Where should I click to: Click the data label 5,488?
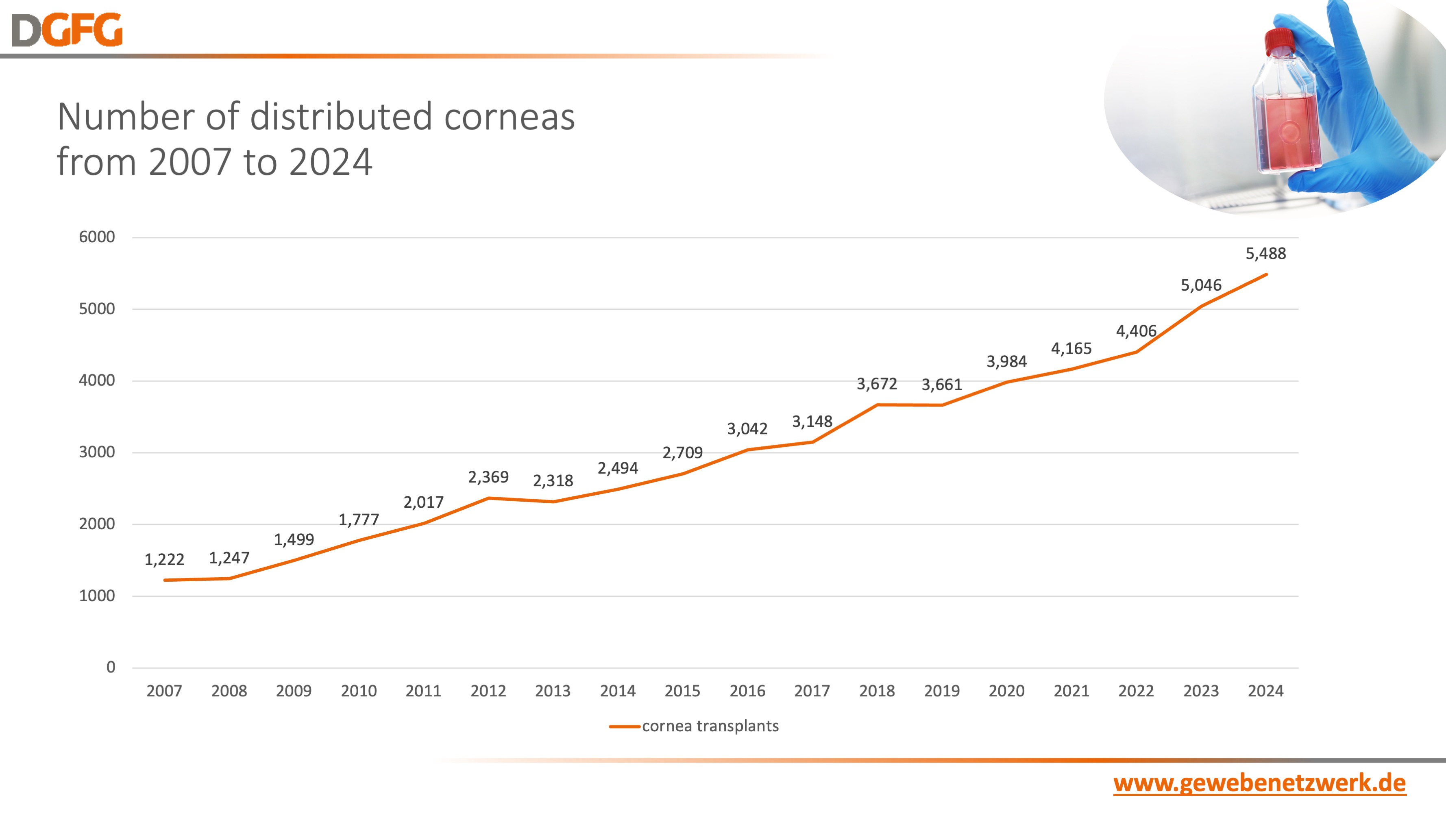1265,254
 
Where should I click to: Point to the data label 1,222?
164,559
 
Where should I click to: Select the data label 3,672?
876,384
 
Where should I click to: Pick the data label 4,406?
1136,331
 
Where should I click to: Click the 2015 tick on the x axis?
682,691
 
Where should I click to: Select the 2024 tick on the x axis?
1265,691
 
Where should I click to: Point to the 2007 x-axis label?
164,691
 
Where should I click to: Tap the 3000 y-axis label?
96,452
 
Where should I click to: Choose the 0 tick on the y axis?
111,667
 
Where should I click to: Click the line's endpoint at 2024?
1266,274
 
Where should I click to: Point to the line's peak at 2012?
488,498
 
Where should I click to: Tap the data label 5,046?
1201,285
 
